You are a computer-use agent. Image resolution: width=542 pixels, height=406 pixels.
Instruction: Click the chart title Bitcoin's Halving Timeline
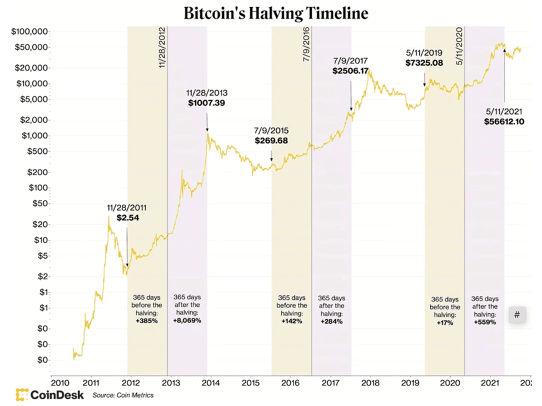coord(276,13)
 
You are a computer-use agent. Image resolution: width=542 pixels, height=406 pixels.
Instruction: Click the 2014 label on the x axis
coord(210,383)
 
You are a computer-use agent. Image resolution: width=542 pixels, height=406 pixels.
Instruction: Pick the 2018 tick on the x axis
coord(370,383)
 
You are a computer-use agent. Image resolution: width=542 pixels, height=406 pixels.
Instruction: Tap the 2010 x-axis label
coord(59,383)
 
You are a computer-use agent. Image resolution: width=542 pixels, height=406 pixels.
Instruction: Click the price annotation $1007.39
coord(206,103)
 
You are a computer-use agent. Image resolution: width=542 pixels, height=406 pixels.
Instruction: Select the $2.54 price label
coord(128,218)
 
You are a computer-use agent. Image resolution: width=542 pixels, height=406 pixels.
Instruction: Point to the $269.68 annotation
coord(271,141)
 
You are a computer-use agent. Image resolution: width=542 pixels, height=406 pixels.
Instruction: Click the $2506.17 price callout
coord(351,71)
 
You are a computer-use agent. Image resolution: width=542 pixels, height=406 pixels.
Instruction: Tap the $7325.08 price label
coord(424,63)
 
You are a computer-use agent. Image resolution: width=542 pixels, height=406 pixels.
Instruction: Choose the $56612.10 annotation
coord(505,122)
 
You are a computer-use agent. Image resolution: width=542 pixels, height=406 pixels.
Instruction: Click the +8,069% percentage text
coord(187,321)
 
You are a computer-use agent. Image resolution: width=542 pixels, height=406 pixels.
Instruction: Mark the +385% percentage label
coord(147,321)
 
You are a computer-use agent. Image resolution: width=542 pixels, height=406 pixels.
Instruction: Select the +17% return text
coord(445,323)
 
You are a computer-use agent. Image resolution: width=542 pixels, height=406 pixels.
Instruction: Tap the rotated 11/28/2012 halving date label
coord(163,47)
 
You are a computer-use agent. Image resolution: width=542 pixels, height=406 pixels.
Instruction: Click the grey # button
coord(517,315)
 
